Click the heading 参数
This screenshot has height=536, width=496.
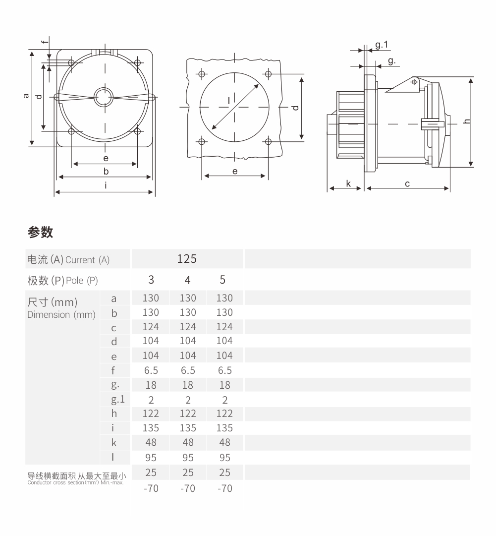(41, 232)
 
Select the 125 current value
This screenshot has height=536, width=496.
(187, 258)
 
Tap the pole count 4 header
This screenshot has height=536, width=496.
(187, 280)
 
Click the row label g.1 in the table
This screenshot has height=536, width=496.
(114, 400)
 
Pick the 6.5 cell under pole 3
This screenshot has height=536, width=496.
(151, 370)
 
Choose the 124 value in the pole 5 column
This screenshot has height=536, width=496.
(224, 327)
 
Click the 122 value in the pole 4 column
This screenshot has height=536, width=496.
(188, 414)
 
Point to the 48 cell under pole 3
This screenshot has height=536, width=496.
(151, 443)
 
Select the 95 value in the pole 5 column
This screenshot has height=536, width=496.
(224, 458)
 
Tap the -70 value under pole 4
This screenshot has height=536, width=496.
(188, 488)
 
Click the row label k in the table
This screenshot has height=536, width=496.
(114, 443)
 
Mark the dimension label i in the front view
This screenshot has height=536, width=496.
(106, 185)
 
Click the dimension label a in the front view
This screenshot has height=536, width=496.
(26, 96)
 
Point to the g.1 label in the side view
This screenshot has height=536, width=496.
(382, 45)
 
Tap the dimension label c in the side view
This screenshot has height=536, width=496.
(407, 183)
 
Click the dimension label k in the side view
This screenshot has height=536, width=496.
(348, 183)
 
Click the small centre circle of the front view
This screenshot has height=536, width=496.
(104, 97)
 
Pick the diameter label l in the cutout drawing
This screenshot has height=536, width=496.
(228, 101)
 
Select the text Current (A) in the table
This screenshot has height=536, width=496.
(87, 260)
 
